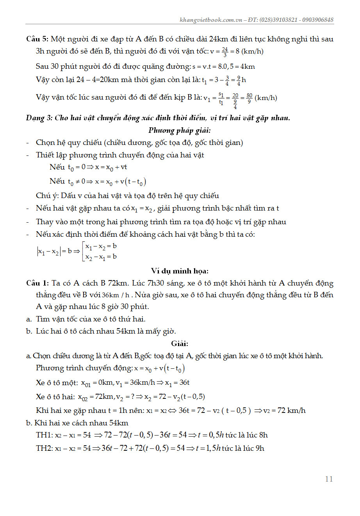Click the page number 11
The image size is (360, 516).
tap(329, 479)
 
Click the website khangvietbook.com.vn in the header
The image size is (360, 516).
tap(210, 20)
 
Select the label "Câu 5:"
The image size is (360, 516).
tap(37, 39)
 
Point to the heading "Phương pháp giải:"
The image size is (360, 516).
tap(180, 130)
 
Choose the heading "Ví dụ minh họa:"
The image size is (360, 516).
tap(180, 271)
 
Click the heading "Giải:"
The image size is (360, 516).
tap(180, 344)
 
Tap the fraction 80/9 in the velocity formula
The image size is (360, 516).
tap(250, 98)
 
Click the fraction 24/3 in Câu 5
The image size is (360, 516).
tap(225, 52)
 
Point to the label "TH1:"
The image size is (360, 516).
tap(44, 435)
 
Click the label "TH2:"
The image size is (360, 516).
tap(44, 448)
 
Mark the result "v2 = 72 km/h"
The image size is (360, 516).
tap(284, 411)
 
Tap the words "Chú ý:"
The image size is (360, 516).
tap(47, 196)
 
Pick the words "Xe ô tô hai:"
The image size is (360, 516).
tap(55, 397)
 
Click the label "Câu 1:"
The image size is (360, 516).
tap(37, 283)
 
